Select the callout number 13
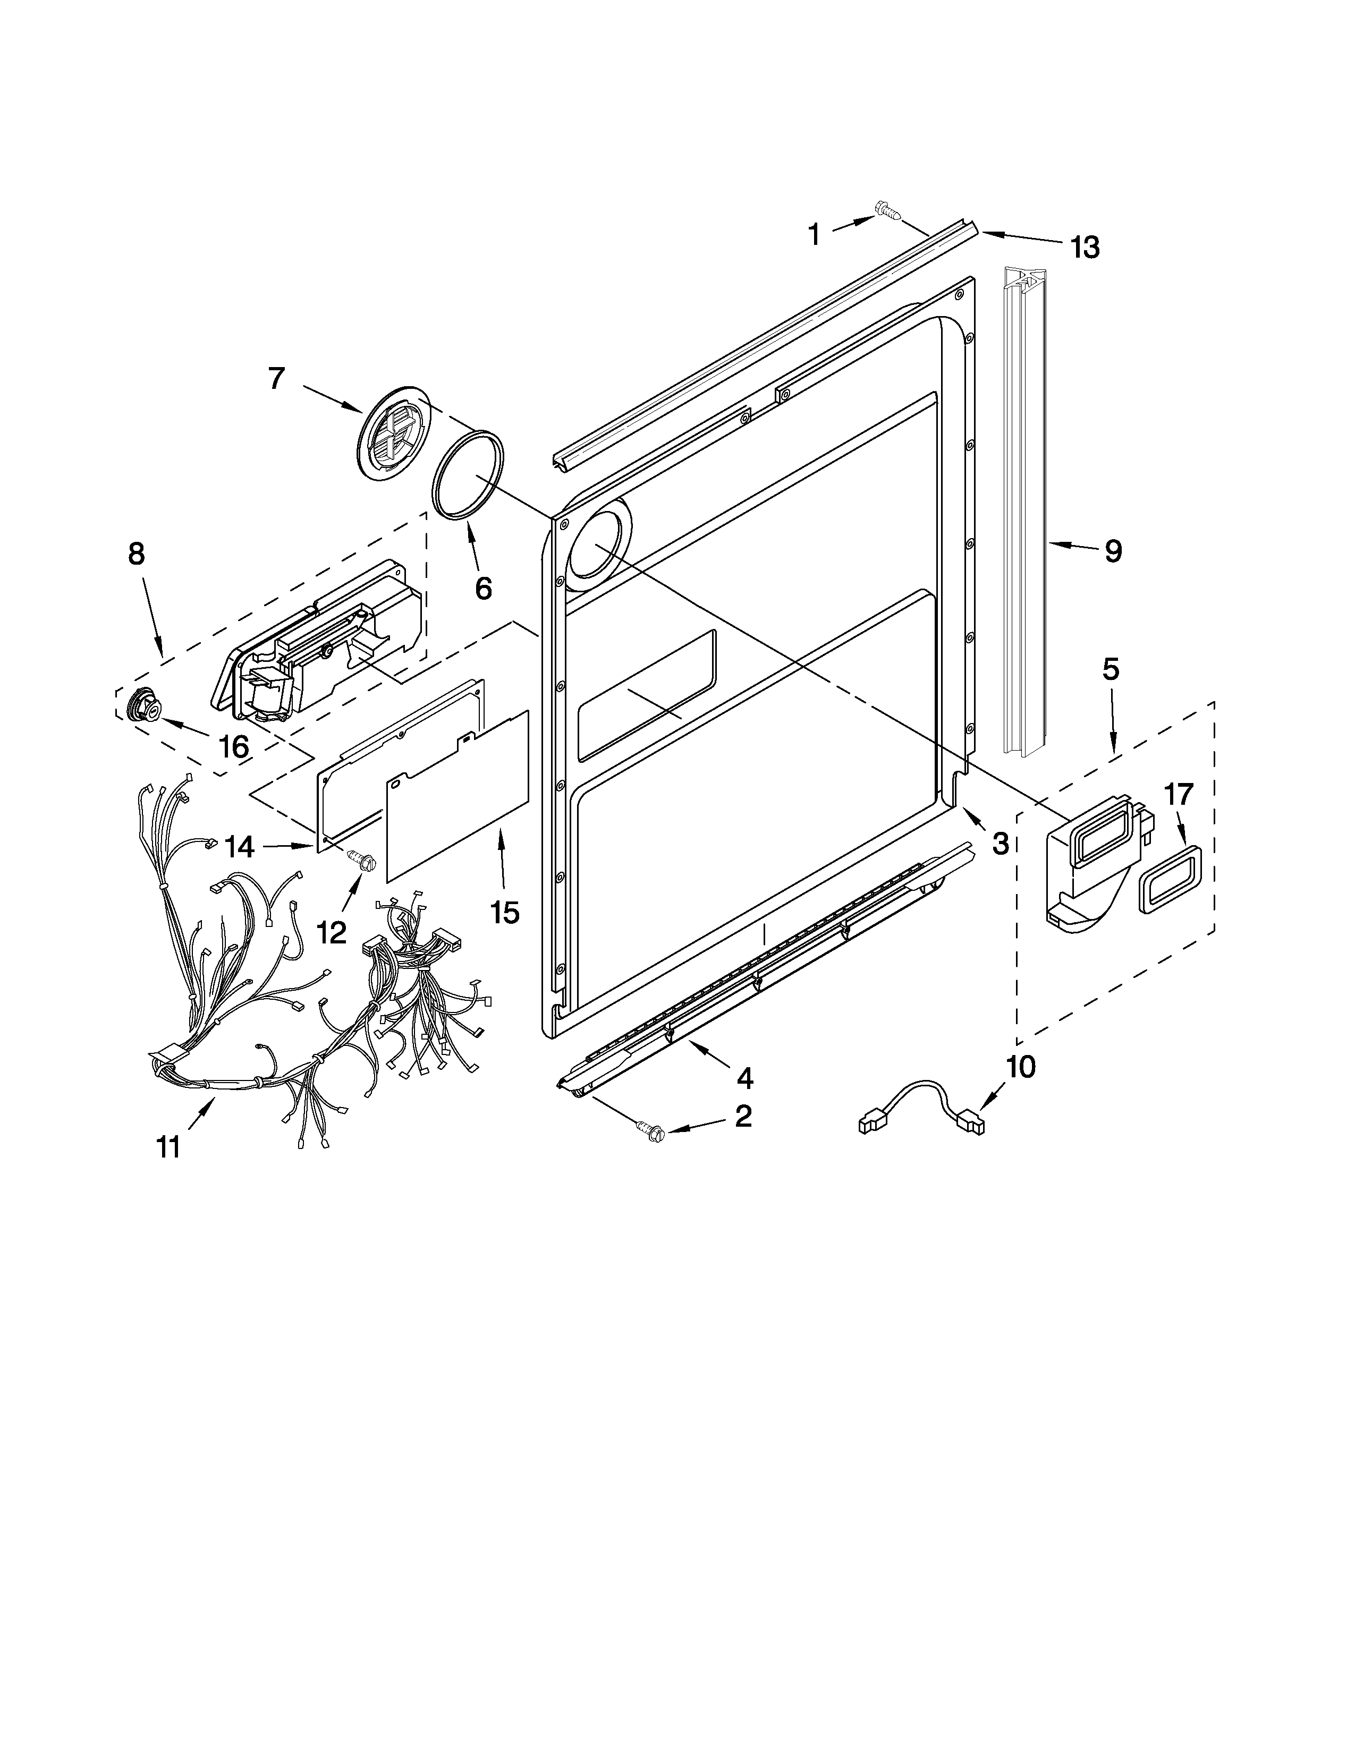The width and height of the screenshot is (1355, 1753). click(x=1085, y=248)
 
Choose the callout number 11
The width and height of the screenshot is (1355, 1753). click(x=168, y=1148)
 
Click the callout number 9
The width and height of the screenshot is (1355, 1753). click(x=1113, y=551)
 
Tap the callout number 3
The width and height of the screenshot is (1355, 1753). click(x=1000, y=843)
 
